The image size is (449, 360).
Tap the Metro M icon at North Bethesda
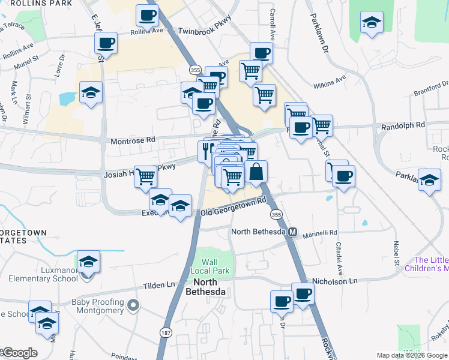[x=293, y=232]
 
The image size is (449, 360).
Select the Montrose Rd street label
[x=133, y=140]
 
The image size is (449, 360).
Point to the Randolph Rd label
[x=403, y=125]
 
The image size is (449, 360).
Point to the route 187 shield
[x=165, y=331]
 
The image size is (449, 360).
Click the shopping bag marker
[x=256, y=172]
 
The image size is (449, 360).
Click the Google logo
[x=20, y=353]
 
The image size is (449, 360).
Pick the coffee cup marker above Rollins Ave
[x=146, y=16]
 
